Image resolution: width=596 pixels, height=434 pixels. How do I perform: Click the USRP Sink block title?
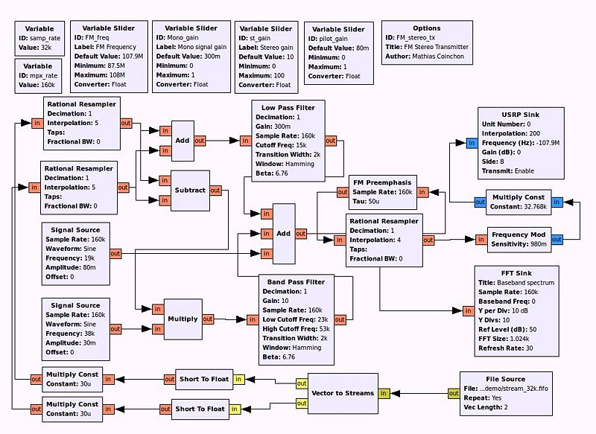[520, 115]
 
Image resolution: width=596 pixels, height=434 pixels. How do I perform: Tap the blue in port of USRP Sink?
[472, 143]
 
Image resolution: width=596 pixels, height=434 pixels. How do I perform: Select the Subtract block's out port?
[215, 191]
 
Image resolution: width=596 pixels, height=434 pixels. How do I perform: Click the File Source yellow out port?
[454, 393]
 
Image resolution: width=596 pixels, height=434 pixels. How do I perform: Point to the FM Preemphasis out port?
[343, 192]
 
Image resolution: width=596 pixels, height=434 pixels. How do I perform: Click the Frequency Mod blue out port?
[557, 240]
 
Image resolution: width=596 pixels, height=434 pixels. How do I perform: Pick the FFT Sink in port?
[469, 311]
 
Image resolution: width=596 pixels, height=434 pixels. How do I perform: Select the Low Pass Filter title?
[288, 107]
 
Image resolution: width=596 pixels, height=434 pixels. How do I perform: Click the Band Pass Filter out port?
[340, 319]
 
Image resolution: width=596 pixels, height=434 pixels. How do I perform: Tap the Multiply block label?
[183, 319]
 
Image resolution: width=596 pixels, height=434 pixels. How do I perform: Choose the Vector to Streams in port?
[384, 393]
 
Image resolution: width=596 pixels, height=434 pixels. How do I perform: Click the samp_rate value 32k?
[45, 48]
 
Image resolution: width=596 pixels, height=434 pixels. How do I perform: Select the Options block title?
[427, 28]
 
